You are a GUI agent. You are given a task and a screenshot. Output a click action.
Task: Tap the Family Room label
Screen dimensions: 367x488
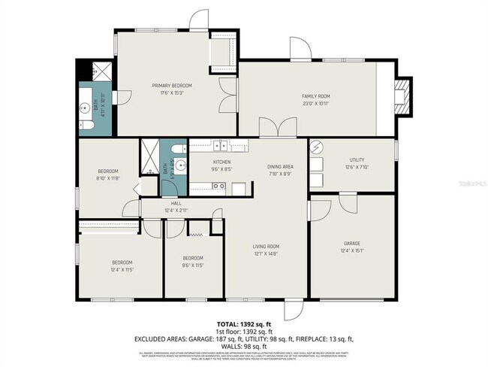[x=316, y=96]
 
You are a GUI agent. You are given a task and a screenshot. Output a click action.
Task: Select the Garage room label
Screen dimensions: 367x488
[x=352, y=244]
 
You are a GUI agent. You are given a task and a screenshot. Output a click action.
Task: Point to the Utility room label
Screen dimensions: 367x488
[x=356, y=159]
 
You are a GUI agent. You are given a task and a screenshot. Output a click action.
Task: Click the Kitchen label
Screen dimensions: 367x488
[x=221, y=162]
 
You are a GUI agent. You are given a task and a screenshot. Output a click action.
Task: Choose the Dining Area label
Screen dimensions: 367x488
[x=280, y=166]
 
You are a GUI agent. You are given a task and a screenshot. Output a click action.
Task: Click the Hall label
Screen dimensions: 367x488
[x=176, y=203]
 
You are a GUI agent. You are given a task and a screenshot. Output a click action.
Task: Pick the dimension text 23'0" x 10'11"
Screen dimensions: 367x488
[x=316, y=104]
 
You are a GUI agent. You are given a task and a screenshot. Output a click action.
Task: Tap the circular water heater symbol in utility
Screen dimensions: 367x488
[x=317, y=147]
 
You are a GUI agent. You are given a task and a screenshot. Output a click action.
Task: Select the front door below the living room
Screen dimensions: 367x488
[x=291, y=310]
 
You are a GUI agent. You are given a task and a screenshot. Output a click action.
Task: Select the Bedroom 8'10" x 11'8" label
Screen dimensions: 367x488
[x=108, y=174]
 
